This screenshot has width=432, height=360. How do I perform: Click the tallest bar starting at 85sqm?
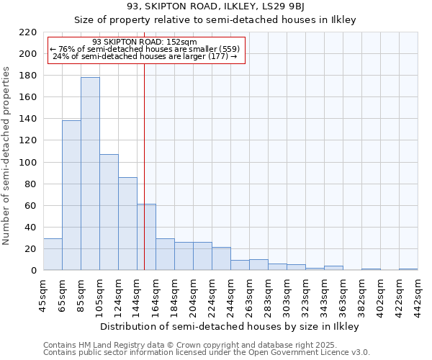(x=90, y=174)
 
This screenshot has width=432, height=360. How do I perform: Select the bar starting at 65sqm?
(x=71, y=195)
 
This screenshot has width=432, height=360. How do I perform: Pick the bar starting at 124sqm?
(x=127, y=224)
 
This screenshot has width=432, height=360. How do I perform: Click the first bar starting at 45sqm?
(x=53, y=254)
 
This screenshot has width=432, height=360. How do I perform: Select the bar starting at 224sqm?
(x=221, y=258)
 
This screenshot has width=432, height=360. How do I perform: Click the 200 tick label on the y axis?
(x=28, y=54)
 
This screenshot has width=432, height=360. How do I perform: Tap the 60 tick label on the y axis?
(x=31, y=206)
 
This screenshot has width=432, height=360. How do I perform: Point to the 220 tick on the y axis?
(x=28, y=32)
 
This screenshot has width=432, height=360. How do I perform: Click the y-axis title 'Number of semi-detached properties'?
(x=7, y=156)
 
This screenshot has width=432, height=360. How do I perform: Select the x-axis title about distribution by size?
(x=229, y=326)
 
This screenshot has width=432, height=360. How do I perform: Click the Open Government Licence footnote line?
(x=207, y=352)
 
